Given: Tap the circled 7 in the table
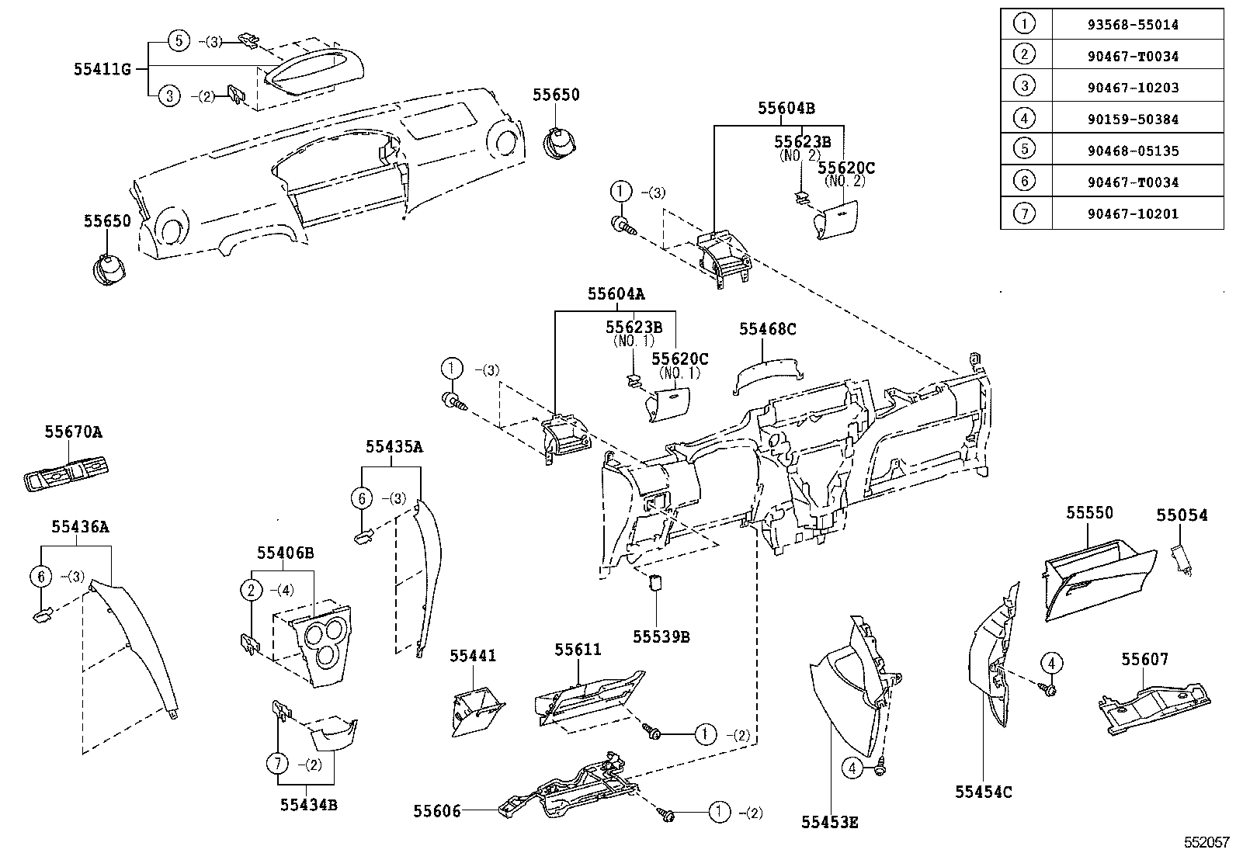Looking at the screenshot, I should tap(1025, 213).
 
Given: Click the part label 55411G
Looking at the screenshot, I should tap(102, 68).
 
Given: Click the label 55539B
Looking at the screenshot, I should tap(661, 636).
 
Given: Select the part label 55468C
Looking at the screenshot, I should tap(767, 329).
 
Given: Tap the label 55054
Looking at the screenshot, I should tap(1182, 515).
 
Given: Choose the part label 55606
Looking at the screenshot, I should tap(436, 811).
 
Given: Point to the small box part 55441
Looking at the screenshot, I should tap(475, 710).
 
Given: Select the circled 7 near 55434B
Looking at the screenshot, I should tap(278, 764).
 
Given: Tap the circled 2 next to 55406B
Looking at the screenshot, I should tap(250, 590).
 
